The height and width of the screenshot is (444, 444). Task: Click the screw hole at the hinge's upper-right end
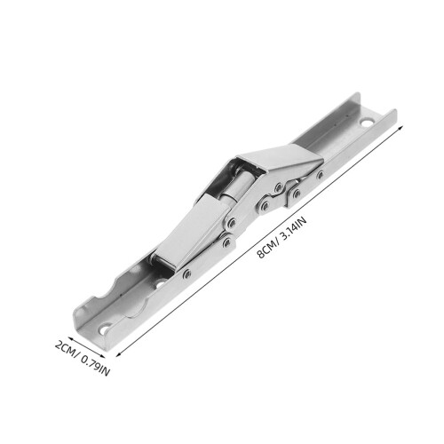click(367, 123)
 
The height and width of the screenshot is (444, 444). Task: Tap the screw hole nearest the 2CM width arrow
click(104, 329)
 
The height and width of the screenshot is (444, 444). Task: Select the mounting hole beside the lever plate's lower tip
click(160, 283)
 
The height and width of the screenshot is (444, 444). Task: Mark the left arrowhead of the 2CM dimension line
click(70, 338)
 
